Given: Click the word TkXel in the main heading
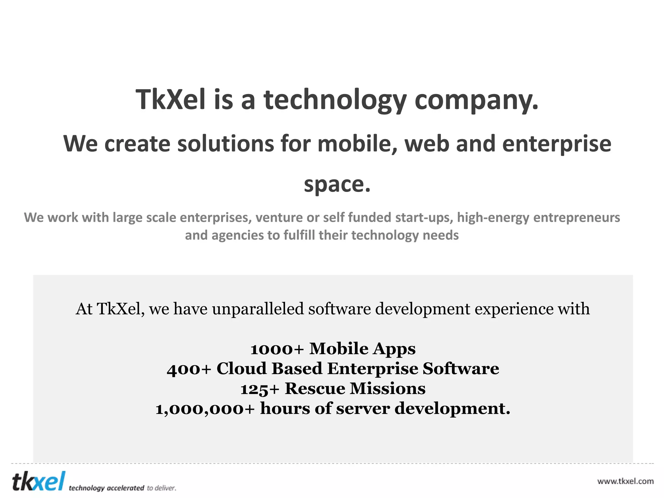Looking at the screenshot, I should (170, 100).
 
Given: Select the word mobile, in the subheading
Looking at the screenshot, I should (358, 144).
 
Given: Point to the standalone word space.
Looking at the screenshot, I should (337, 185).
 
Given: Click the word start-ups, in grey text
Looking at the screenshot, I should (424, 218).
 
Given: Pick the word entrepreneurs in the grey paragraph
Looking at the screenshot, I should (576, 218).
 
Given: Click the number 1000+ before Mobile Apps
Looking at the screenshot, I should (277, 349).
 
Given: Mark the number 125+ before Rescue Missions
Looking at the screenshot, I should (260, 389).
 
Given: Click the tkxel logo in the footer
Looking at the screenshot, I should (39, 482).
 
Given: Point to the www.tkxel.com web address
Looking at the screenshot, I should (625, 481).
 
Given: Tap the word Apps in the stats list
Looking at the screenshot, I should (394, 349).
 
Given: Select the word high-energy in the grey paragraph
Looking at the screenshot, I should (493, 218).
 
